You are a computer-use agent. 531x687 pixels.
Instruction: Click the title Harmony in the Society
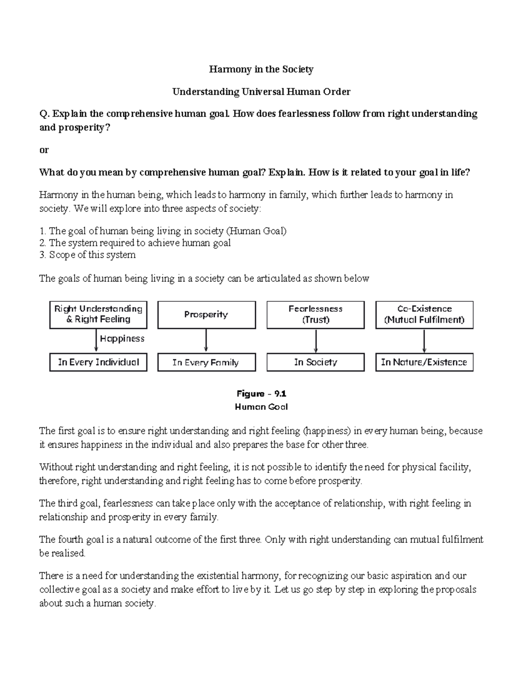[261, 69]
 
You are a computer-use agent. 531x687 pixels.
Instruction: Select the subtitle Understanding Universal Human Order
[261, 92]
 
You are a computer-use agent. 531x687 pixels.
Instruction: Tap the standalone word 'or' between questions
[44, 150]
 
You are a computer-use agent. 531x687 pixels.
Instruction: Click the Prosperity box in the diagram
[206, 315]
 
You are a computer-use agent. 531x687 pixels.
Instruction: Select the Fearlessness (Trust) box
[316, 315]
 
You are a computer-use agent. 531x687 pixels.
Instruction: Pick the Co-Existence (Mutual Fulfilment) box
[424, 315]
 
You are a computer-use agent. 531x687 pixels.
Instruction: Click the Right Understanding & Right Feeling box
[98, 315]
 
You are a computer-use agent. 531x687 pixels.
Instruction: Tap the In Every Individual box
[98, 362]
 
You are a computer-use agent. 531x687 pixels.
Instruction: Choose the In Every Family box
[206, 362]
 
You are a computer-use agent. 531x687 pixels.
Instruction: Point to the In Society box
[316, 362]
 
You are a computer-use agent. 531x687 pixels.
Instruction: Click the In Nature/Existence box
[424, 362]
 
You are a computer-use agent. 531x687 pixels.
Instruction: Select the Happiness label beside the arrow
[122, 339]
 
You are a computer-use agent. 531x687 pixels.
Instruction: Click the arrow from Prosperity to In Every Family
[206, 341]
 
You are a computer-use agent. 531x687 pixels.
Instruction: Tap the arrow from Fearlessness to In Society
[316, 341]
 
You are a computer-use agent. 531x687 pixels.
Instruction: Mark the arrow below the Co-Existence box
[424, 341]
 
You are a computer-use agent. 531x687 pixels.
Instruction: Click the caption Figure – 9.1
[261, 394]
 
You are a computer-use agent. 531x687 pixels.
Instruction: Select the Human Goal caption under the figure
[261, 407]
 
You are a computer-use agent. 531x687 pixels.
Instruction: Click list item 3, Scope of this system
[88, 255]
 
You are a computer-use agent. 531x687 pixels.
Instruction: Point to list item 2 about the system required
[135, 243]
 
